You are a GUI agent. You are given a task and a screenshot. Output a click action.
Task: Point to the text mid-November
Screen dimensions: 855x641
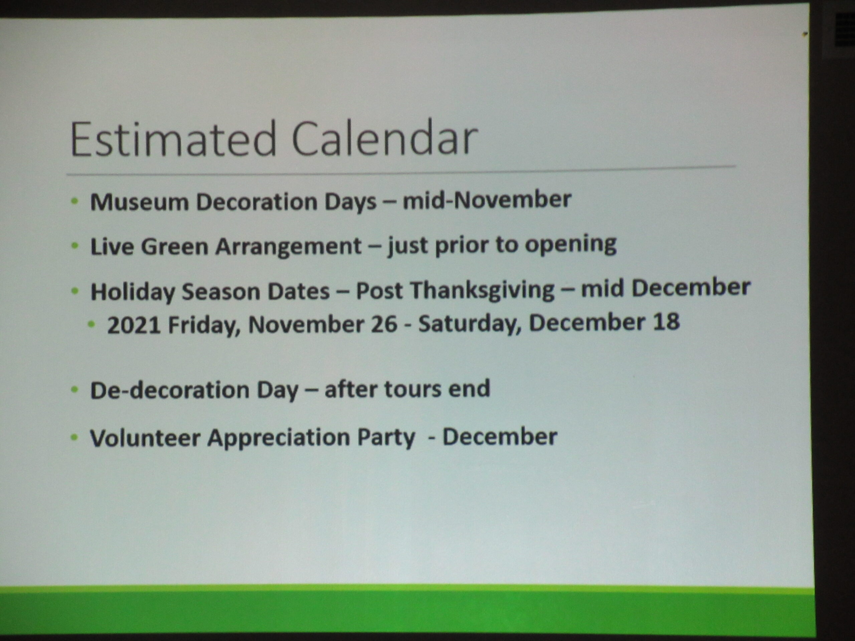click(487, 200)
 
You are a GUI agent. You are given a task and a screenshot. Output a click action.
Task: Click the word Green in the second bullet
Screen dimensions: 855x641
click(174, 246)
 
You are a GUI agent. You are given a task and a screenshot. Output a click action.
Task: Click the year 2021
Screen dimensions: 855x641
click(134, 325)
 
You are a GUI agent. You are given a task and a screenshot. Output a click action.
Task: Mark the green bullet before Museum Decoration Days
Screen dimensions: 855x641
click(75, 201)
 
